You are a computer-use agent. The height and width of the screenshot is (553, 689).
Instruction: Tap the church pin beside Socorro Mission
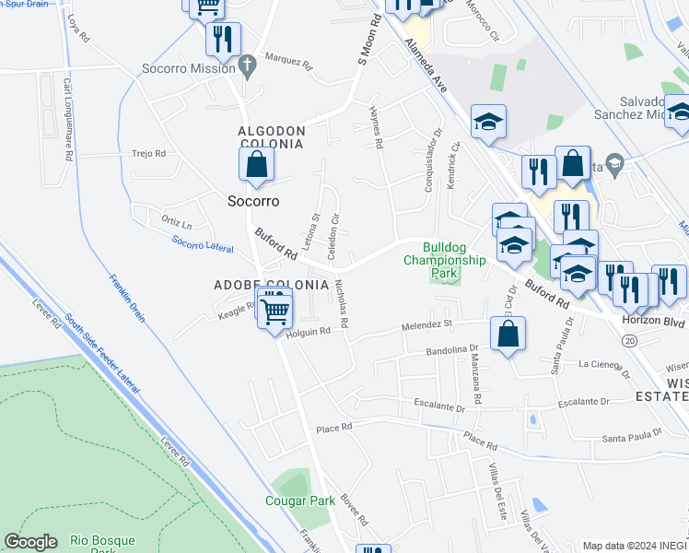point(245,65)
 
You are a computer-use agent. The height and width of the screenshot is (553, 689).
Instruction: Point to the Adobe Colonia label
point(271,285)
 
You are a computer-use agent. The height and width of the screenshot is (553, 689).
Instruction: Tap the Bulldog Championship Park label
point(444,260)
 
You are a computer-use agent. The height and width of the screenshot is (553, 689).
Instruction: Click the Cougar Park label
point(300,500)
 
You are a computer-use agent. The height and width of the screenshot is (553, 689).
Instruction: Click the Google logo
point(30,542)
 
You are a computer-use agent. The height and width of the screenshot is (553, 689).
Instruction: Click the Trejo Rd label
point(148,153)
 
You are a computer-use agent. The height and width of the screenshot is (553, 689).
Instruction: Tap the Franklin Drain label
point(126,298)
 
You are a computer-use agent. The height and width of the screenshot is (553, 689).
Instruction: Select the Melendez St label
point(427,325)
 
